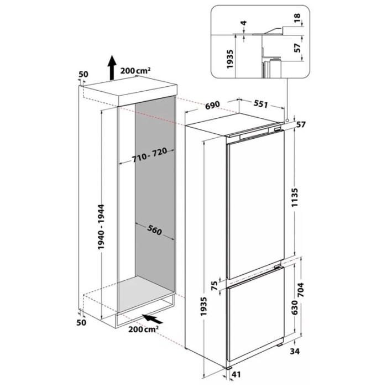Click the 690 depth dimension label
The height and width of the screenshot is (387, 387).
[x=212, y=104]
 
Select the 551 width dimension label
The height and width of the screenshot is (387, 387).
[x=260, y=104]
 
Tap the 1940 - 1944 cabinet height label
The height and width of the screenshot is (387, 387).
[x=101, y=227]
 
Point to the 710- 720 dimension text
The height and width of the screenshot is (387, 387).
[x=149, y=155]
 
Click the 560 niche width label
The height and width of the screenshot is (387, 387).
[x=154, y=230]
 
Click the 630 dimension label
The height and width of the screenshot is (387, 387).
[x=295, y=306]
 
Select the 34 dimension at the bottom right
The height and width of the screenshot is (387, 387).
[x=295, y=351]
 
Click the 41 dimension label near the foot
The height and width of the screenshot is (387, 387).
[x=236, y=374]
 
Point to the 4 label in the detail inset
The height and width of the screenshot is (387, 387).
[x=244, y=23]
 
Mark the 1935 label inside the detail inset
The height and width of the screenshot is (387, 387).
[x=230, y=59]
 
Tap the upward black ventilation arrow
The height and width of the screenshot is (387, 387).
[x=112, y=67]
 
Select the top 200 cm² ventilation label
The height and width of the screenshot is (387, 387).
[x=135, y=71]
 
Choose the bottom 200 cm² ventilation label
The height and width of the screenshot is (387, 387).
[x=143, y=329]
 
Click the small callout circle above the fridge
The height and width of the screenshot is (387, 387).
[x=287, y=121]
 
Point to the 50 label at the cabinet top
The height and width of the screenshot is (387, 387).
[x=83, y=74]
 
